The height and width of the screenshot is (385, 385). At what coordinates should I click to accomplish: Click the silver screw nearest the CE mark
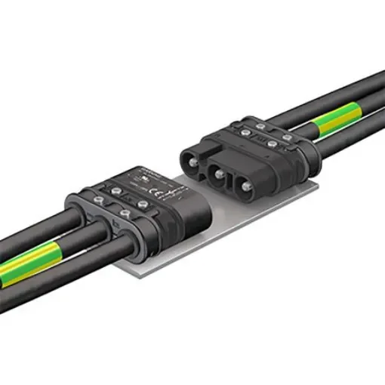(x=138, y=192)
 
